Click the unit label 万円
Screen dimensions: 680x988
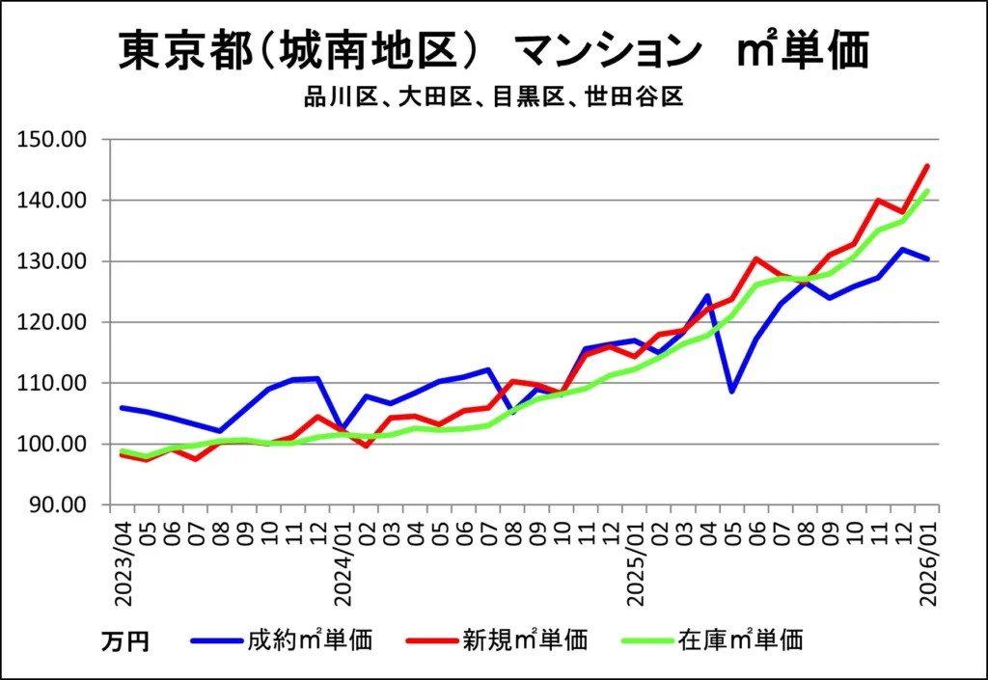click(x=125, y=640)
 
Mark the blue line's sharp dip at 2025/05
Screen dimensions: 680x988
click(x=731, y=392)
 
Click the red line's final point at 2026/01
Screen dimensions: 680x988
click(x=927, y=166)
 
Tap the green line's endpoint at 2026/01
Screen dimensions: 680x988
click(x=927, y=191)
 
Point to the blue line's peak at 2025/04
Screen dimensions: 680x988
click(x=707, y=296)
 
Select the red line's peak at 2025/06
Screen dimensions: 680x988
click(x=755, y=258)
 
